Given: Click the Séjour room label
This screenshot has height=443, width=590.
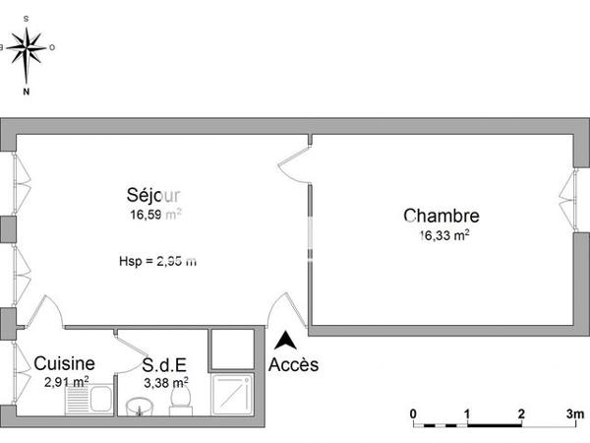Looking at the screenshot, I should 153,194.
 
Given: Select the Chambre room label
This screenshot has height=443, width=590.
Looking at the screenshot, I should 441,217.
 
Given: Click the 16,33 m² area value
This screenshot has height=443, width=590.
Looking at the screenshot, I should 443,235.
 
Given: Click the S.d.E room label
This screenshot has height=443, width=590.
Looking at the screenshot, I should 166,364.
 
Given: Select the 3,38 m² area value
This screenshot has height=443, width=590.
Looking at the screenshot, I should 165,382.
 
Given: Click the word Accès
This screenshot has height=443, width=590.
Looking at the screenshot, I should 293,364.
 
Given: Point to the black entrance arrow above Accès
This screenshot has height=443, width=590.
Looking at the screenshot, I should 286,342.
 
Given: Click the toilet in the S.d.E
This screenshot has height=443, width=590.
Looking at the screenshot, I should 179,398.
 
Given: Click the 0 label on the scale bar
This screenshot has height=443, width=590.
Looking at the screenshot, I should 414,412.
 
